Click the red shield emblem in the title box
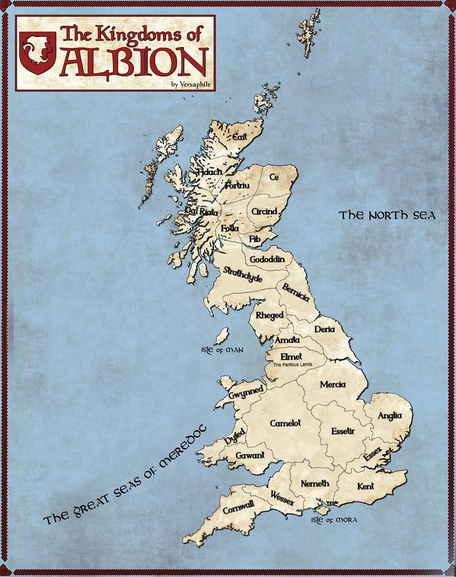point(37,52)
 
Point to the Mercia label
point(333,385)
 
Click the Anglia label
point(389,416)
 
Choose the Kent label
point(365,486)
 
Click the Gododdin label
point(267,259)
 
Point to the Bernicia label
point(296,292)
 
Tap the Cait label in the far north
point(240,136)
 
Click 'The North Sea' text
point(387,215)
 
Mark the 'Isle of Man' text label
point(222,350)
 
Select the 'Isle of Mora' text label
point(334,520)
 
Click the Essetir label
point(343,431)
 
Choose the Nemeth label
point(315,483)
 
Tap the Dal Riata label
point(201,211)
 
